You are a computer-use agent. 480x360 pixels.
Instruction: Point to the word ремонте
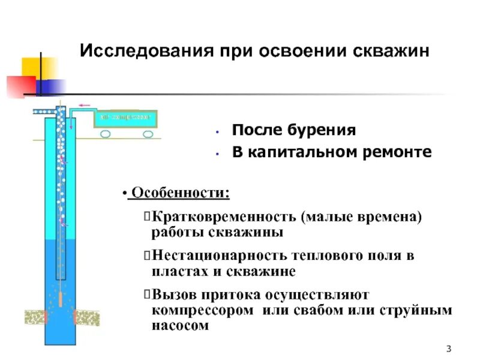click(398, 152)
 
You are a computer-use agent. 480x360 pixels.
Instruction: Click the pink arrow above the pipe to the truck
click(85, 105)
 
